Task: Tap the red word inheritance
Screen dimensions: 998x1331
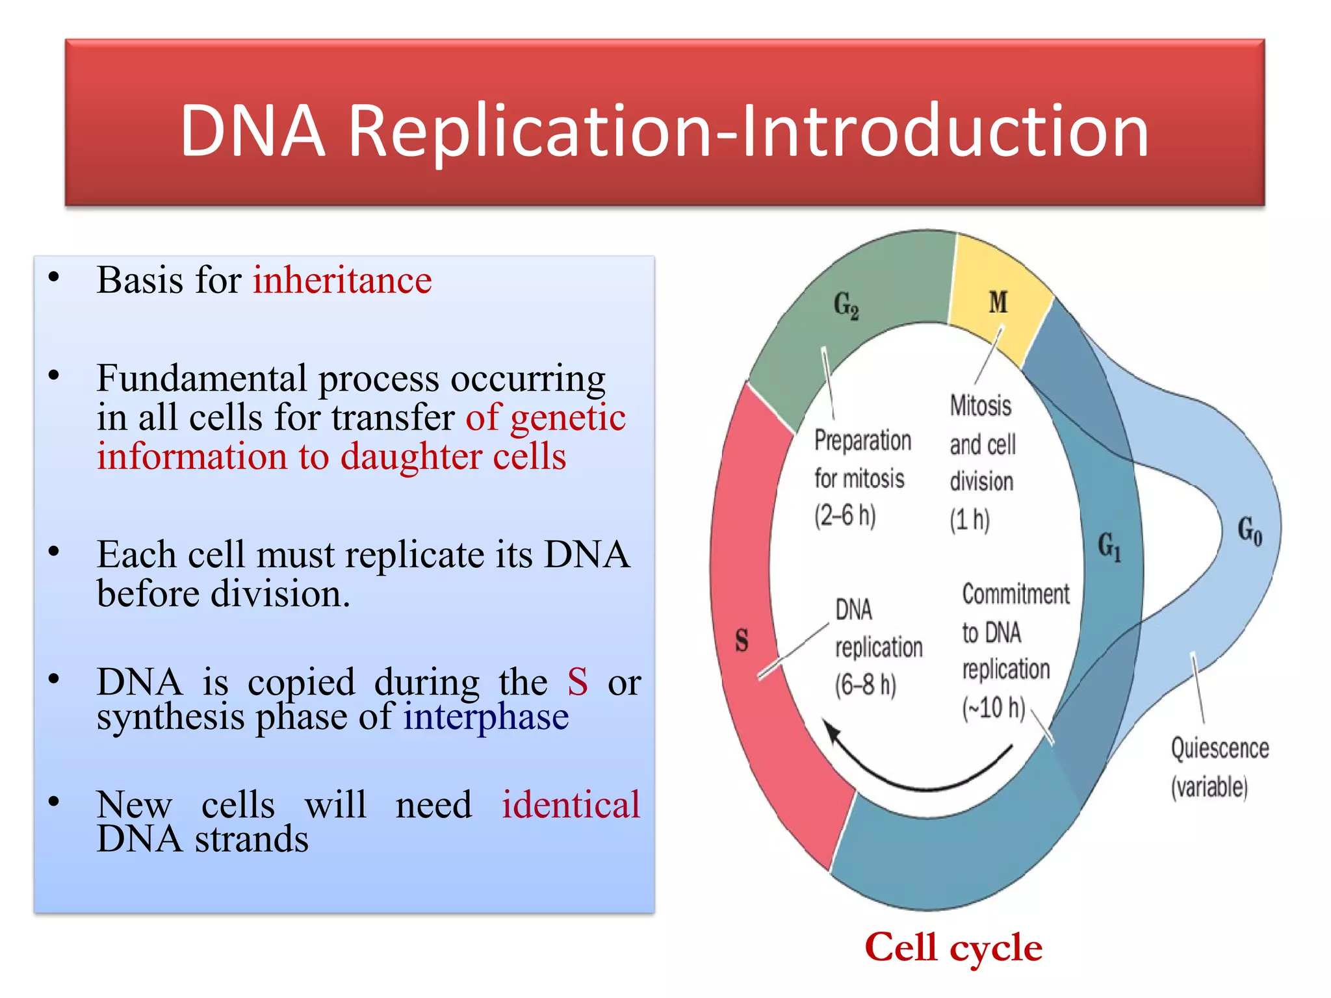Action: (x=342, y=281)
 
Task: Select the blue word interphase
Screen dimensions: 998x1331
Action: (x=485, y=717)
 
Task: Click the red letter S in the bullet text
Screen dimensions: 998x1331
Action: (x=577, y=682)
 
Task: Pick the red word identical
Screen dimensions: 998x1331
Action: (x=571, y=804)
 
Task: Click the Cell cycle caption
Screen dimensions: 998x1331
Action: (x=953, y=947)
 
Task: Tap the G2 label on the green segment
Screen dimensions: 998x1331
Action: (x=846, y=305)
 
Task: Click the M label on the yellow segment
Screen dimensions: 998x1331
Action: (x=998, y=302)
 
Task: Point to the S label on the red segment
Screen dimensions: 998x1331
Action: (x=742, y=640)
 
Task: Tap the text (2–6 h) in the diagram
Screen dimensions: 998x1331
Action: (x=845, y=516)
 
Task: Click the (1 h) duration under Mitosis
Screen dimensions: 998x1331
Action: (x=969, y=520)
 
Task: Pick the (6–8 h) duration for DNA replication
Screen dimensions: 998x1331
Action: (x=865, y=685)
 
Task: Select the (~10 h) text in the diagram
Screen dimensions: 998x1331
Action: (x=993, y=708)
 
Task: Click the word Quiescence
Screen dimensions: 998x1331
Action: (x=1219, y=748)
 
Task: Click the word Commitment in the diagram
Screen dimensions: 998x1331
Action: (x=1015, y=594)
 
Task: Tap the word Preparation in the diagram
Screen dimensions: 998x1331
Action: (x=862, y=441)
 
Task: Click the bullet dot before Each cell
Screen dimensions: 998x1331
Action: (x=54, y=552)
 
